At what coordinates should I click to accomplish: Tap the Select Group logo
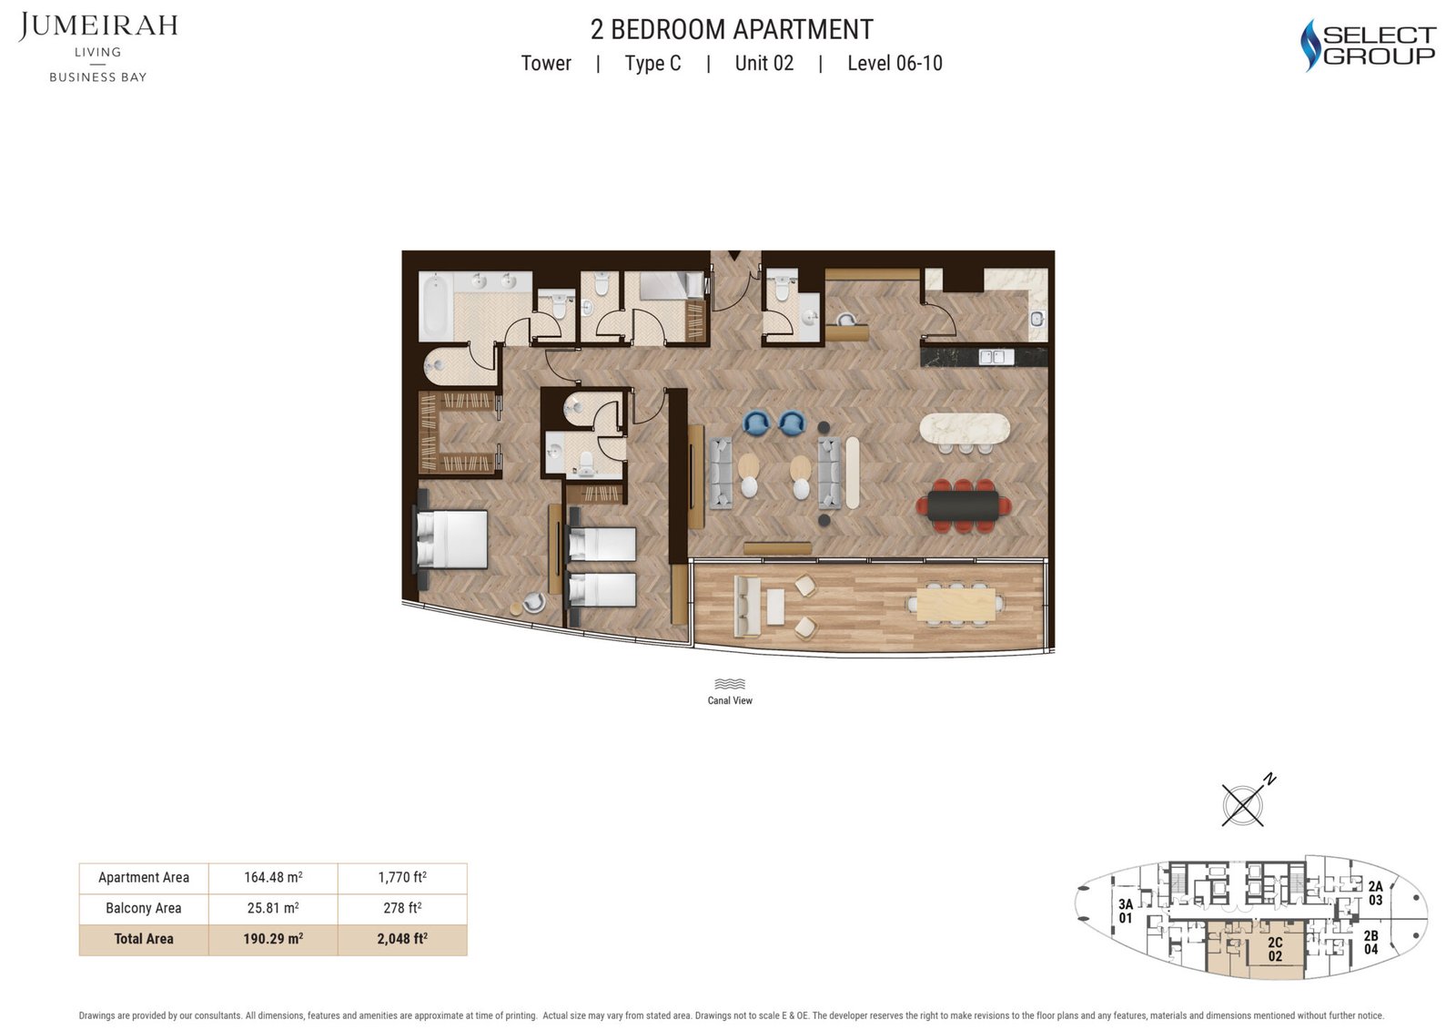(x=1368, y=45)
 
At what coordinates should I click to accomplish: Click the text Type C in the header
(x=652, y=63)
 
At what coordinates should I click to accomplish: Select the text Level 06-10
(x=895, y=63)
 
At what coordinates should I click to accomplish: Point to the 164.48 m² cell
(x=273, y=877)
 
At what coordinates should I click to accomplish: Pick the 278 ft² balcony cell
(x=402, y=908)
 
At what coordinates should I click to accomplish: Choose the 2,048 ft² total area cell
(x=402, y=939)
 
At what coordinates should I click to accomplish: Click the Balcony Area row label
(x=144, y=908)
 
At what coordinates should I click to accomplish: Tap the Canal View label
(x=730, y=700)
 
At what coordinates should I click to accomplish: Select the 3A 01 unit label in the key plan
(x=1125, y=911)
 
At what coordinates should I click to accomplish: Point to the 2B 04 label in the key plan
(x=1370, y=943)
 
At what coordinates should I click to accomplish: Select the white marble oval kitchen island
(x=965, y=429)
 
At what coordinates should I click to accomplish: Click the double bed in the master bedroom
(x=452, y=539)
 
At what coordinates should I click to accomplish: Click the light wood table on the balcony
(x=955, y=605)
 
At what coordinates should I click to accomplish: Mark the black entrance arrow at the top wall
(x=734, y=255)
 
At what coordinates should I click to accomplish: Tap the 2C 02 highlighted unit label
(x=1275, y=949)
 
